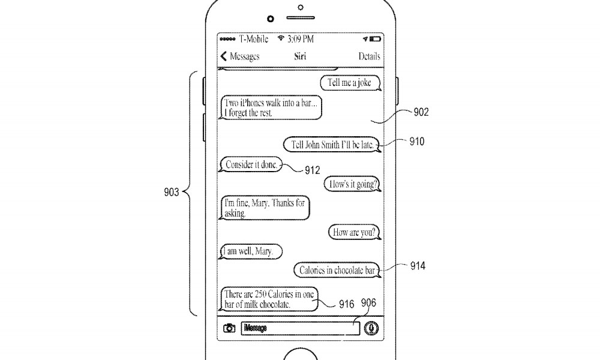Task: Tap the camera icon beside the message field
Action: pos(229,328)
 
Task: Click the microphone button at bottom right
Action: pos(371,328)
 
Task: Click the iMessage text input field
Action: pos(301,328)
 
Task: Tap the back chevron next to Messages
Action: pos(224,56)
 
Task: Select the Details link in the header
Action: pos(369,56)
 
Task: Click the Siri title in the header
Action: pos(300,56)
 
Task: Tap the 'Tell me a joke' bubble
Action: pos(350,83)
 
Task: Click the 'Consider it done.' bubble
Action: pos(251,164)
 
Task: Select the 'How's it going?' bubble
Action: pos(352,184)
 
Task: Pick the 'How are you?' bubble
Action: pos(355,232)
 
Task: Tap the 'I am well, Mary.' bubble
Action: pos(251,251)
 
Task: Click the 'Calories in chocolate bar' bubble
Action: pos(337,270)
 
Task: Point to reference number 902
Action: pos(421,112)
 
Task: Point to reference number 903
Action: pos(171,191)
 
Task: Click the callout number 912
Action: pos(312,170)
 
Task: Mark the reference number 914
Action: pos(418,266)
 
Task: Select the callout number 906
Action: pos(368,303)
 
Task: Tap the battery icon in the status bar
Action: pos(375,39)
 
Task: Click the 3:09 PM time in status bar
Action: pos(301,39)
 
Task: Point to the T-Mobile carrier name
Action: pos(254,39)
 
